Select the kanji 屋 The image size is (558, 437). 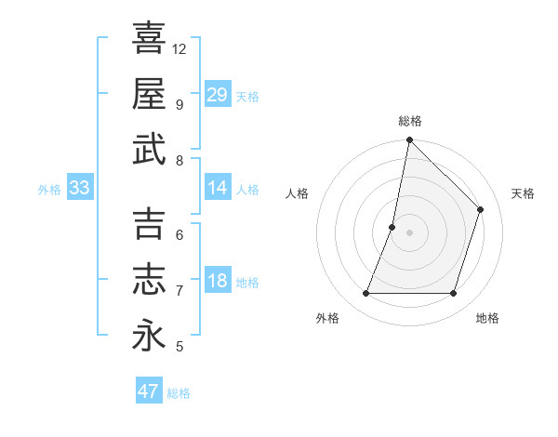(149, 93)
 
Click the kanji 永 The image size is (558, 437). (149, 335)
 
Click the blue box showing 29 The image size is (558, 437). (217, 95)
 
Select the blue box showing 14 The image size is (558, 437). (217, 189)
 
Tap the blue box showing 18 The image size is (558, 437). (217, 282)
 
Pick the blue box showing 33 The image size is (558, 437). (79, 189)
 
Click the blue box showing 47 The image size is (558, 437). (148, 391)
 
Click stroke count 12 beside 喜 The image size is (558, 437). (179, 48)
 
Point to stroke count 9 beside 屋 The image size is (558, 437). (179, 104)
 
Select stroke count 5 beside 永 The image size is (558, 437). (179, 347)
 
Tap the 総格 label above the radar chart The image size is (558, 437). (409, 121)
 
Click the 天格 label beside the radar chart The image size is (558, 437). (523, 193)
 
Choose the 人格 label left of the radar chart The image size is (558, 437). (297, 193)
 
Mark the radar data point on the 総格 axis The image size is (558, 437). (409, 140)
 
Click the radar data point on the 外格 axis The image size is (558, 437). (365, 294)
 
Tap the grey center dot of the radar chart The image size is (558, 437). (409, 232)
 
